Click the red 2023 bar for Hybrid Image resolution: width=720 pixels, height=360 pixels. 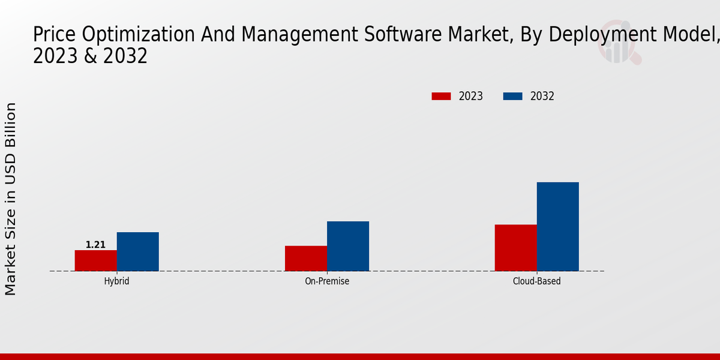point(96,260)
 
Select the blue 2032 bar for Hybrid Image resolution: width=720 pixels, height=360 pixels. point(138,251)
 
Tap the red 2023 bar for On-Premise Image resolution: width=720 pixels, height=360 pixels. point(306,258)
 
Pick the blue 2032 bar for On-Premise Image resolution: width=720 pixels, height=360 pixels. point(348,246)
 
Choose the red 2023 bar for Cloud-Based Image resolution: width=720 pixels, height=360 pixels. point(516,248)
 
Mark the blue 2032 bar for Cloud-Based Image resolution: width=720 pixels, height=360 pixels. point(558,226)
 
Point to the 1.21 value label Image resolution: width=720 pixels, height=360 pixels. point(95,245)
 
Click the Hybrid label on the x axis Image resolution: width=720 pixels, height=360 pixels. point(116,281)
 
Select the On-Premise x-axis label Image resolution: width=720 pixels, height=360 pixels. point(327,281)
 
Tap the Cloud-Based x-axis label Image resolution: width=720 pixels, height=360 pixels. point(537,281)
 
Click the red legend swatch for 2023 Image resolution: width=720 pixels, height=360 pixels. point(441,96)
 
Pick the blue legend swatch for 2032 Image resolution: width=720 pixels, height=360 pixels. point(512,96)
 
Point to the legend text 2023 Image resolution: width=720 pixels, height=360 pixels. point(471,96)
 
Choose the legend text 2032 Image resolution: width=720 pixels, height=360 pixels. point(542,96)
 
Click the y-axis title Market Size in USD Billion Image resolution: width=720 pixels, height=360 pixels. point(11,198)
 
